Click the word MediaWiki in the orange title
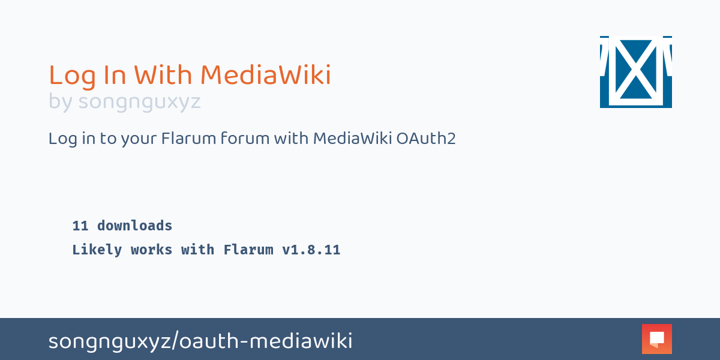pos(265,76)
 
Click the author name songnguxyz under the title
pos(139,103)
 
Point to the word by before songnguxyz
pos(60,103)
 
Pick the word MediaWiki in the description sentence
pos(352,139)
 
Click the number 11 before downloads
pos(80,226)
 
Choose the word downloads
pos(134,226)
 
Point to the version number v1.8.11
pos(311,250)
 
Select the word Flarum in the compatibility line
pos(248,250)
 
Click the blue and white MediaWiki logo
pos(635,72)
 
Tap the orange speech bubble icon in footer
pos(656,339)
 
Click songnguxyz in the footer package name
pos(109,341)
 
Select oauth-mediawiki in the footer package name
pos(266,341)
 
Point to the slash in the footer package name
pos(175,341)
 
